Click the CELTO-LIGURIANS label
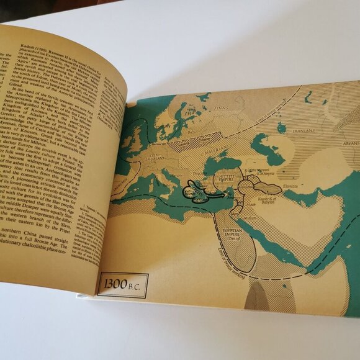[x=157, y=153]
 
